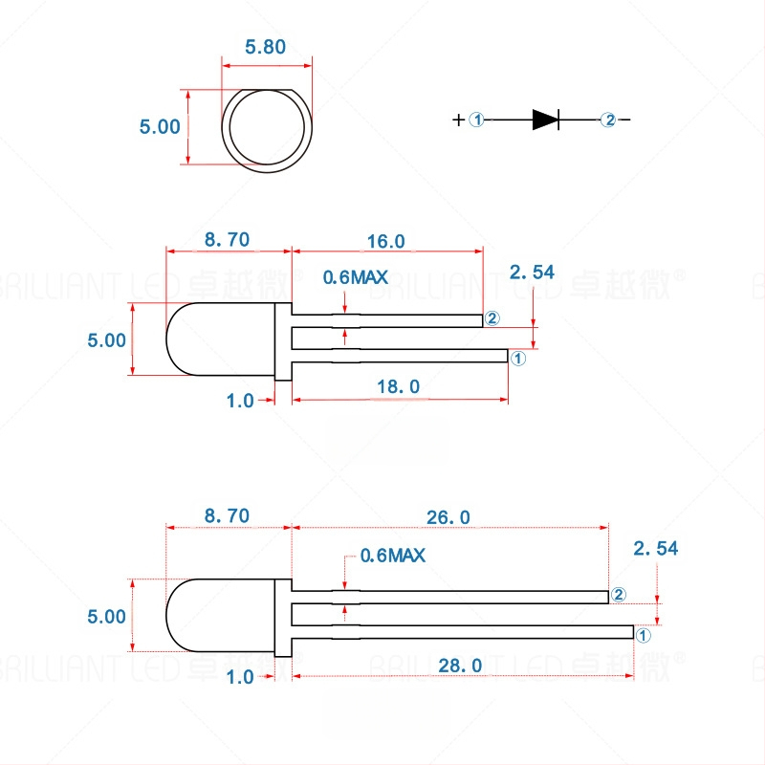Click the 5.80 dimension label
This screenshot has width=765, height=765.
[266, 47]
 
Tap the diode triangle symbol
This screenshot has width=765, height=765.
[545, 120]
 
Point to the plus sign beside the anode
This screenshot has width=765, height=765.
[459, 120]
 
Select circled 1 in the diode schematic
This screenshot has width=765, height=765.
[478, 120]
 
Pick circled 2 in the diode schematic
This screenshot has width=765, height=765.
[608, 120]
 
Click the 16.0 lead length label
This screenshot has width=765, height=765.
[386, 241]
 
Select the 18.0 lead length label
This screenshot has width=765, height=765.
[401, 386]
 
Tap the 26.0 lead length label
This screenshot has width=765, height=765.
[448, 516]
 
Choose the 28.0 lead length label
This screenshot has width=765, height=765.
[464, 664]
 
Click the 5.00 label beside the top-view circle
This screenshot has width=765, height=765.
[160, 126]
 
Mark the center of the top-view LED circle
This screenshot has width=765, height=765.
[267, 129]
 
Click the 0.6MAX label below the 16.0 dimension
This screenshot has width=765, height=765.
[355, 277]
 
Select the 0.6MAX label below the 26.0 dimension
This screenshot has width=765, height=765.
[392, 555]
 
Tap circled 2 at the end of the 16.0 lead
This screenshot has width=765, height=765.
[492, 318]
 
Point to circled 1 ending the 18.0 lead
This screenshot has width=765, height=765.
[517, 359]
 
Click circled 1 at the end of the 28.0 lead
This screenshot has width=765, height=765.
[643, 634]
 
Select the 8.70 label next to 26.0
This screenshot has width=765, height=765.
[227, 516]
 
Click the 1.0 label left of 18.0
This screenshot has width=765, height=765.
[240, 401]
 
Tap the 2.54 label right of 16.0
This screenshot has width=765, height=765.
[532, 273]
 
